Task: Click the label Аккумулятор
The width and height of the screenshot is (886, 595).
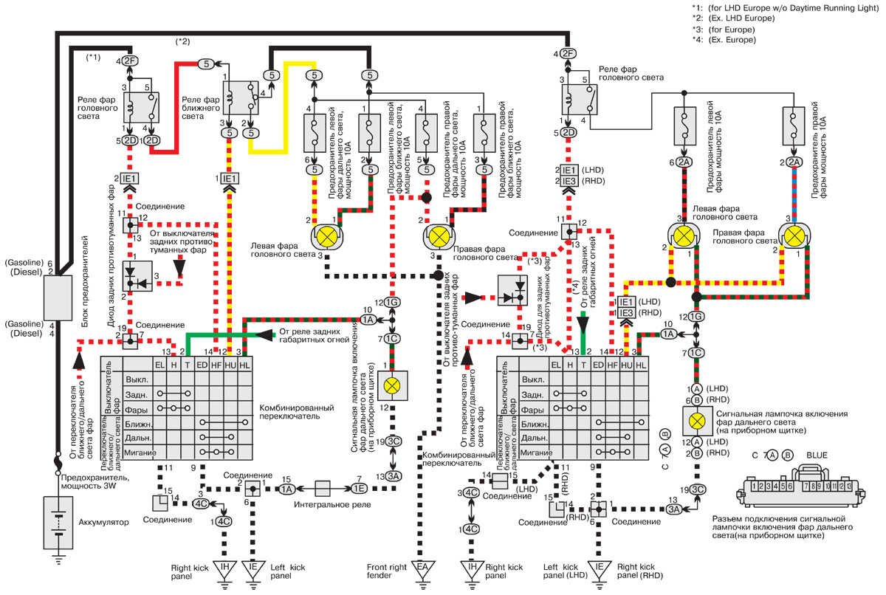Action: [103, 522]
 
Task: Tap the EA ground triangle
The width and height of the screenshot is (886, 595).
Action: [422, 570]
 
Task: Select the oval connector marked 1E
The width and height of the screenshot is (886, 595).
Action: [360, 489]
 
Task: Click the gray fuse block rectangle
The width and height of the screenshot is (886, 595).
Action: [56, 295]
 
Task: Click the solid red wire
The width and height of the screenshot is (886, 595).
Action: [174, 111]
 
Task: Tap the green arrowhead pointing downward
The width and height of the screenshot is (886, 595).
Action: [583, 324]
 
